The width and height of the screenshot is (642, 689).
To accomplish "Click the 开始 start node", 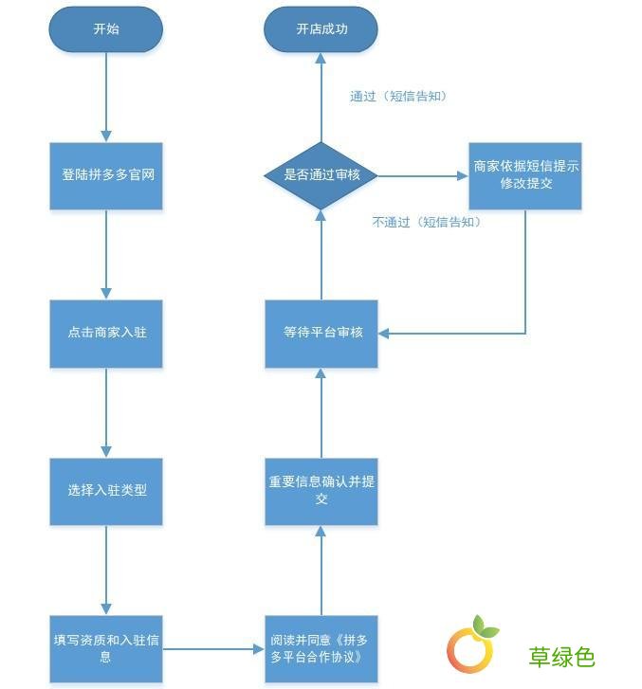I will pos(106,29).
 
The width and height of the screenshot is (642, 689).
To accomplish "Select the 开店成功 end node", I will pos(321,29).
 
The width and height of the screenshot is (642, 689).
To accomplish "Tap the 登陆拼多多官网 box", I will pos(106,176).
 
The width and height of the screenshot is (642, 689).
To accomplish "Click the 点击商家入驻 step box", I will pos(106,334).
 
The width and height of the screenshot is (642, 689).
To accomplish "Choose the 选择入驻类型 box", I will pos(106,492).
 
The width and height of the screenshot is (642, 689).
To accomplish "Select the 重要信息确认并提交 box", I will pos(321,490).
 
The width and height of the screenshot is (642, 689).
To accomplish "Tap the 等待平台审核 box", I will pos(321,334).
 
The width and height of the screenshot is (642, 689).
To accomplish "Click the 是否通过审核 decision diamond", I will pos(321,175).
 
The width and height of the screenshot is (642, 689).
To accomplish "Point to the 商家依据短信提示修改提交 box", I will pos(525,175).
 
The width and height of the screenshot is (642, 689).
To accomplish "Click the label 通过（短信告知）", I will pos(397,97).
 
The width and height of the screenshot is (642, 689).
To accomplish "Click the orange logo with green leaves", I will pos(471,646).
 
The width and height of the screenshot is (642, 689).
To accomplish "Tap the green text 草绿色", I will pos(561,656).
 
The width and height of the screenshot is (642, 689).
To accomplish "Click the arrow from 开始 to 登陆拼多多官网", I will pos(106,95).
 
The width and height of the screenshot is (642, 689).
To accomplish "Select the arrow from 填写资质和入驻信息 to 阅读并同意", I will pos(213,649).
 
